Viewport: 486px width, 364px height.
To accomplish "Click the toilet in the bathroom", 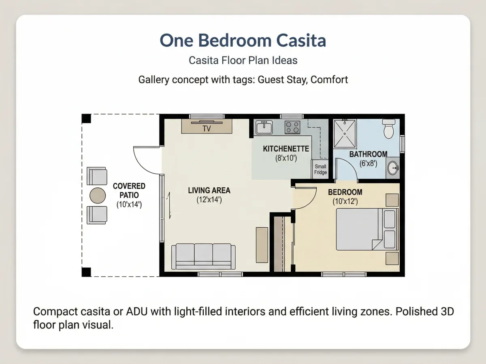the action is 388,129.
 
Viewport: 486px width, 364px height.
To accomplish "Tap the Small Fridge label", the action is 320,169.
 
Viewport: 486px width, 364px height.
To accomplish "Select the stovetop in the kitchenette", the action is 292,127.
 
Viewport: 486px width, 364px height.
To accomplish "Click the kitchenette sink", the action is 264,127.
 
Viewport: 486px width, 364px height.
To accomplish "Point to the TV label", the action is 207,128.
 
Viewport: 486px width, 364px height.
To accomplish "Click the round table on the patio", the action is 98,195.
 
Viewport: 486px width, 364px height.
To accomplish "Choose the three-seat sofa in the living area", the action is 203,256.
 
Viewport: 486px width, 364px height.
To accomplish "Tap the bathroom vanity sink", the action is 393,168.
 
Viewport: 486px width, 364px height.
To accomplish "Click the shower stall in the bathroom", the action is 345,133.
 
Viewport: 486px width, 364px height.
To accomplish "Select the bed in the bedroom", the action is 367,229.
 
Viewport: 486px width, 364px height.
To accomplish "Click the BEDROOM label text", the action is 345,192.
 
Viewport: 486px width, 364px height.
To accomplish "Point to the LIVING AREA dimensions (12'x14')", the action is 209,200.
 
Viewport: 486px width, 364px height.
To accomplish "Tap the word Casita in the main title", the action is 301,41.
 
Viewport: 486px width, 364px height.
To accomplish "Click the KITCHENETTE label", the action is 286,149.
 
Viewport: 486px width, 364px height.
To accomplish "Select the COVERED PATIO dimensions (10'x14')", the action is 129,205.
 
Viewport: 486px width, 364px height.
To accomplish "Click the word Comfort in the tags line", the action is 329,80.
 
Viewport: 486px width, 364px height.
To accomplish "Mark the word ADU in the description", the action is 137,311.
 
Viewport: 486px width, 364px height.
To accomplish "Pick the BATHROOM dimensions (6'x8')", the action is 368,163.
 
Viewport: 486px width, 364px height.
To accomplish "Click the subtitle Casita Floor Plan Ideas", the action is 243,60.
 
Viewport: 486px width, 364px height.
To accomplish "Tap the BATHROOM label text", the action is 369,154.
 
